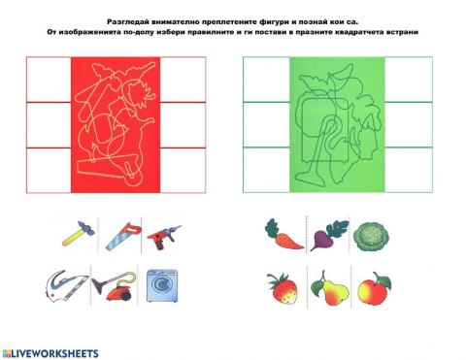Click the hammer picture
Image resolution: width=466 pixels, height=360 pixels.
click(x=75, y=232)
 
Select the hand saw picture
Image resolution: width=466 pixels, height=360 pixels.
click(x=116, y=233)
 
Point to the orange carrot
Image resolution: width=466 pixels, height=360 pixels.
click(x=282, y=233)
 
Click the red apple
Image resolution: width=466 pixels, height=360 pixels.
click(x=371, y=287)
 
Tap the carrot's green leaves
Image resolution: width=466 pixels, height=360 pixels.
click(x=272, y=226)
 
